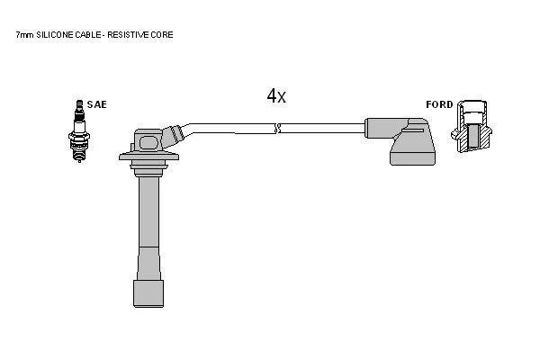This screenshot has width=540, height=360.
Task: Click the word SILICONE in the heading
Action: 54,35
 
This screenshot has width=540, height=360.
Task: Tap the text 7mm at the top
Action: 24,35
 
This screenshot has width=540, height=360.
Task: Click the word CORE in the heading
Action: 162,35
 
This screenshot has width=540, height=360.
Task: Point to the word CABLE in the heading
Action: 88,35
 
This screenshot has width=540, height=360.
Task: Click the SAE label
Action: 97,104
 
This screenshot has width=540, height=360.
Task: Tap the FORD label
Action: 439,104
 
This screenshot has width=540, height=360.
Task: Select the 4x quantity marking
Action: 276,95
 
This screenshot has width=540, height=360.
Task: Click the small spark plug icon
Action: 79,130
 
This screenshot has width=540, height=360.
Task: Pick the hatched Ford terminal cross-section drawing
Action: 472,126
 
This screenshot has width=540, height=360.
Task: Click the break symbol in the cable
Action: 278,129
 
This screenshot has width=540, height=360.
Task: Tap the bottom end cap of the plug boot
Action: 148,293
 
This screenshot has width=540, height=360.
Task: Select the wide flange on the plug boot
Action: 148,157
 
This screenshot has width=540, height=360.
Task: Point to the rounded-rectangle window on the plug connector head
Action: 149,142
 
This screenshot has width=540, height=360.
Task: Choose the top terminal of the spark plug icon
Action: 79,104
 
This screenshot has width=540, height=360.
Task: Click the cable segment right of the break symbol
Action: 323,128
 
